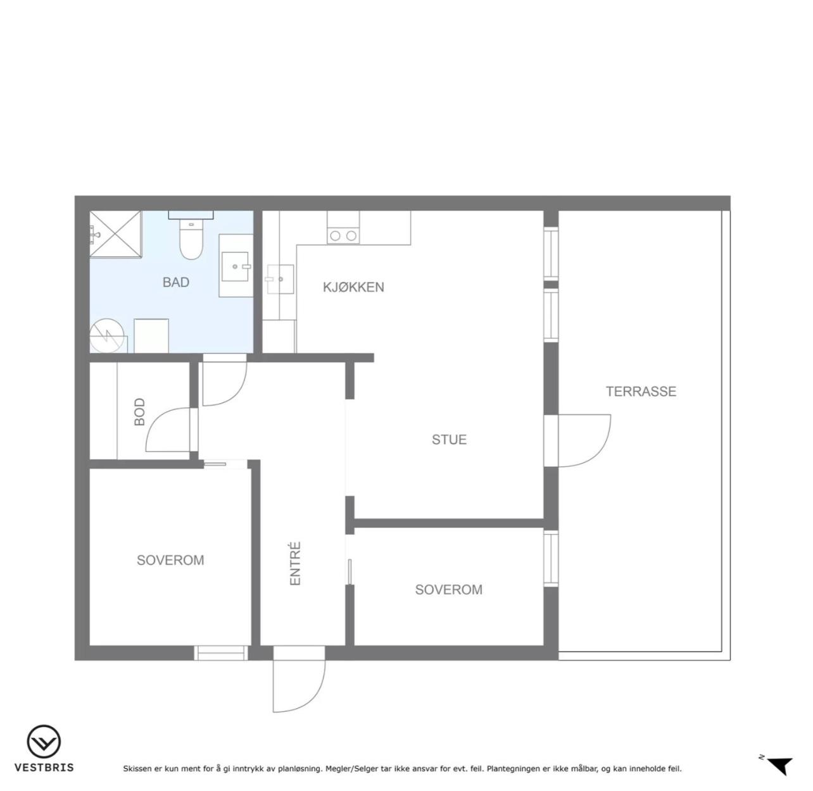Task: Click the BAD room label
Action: [x=176, y=282]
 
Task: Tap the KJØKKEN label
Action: [x=353, y=287]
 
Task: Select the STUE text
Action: [x=449, y=439]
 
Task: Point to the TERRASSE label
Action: [x=641, y=391]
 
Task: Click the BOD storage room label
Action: [x=139, y=412]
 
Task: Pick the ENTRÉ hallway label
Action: [x=295, y=563]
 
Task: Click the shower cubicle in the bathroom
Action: [x=116, y=235]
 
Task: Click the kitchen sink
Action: [x=280, y=280]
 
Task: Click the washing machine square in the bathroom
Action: [x=151, y=336]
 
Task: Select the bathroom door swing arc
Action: [x=239, y=390]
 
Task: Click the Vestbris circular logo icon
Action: [x=44, y=741]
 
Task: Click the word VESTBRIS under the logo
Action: [x=44, y=768]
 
